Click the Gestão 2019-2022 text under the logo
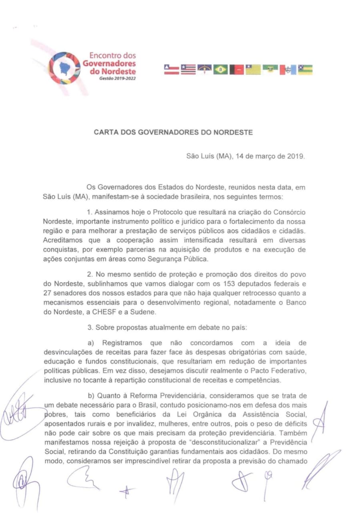point(118,79)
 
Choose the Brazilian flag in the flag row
point(220,70)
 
